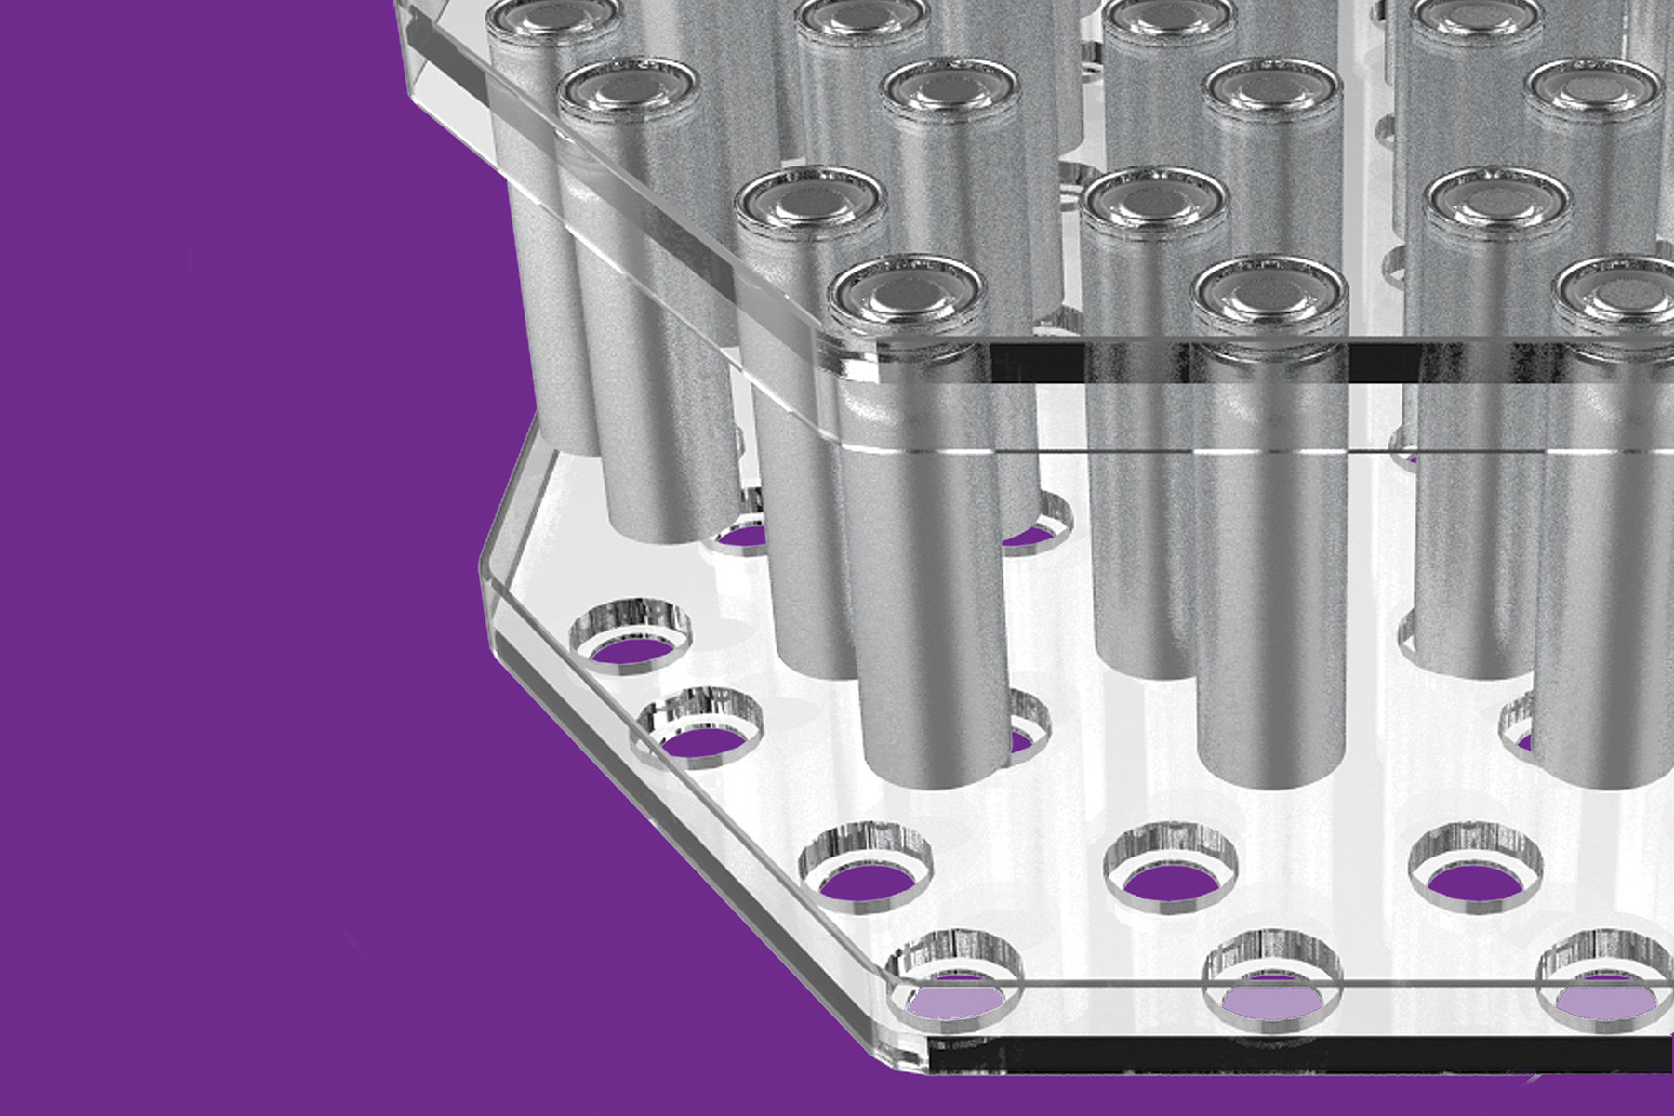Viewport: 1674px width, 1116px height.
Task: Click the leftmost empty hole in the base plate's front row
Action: point(955,986)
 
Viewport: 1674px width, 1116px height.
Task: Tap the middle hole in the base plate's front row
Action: point(1272,988)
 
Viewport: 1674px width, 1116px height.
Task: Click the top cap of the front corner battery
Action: point(907,294)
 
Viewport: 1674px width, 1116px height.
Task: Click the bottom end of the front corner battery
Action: point(935,767)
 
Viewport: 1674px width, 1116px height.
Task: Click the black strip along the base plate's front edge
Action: point(1302,1056)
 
